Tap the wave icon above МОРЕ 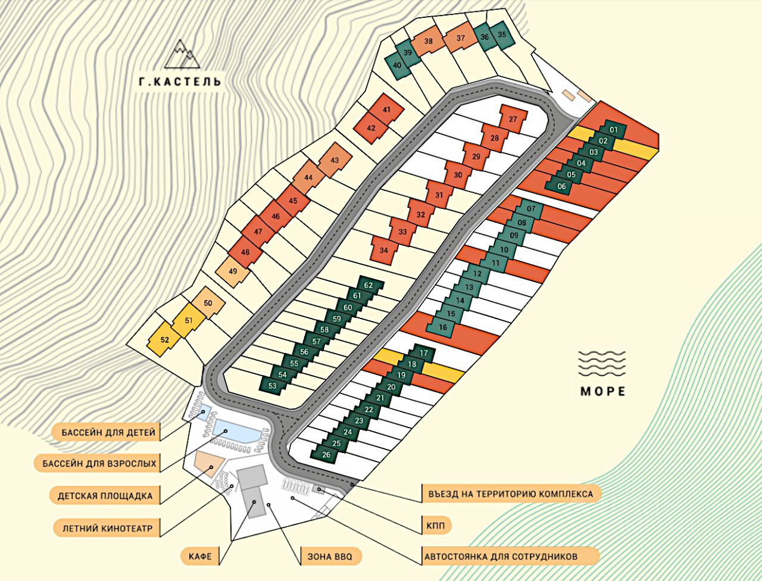[x=602, y=363]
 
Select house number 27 [x=513, y=119]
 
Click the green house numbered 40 [x=397, y=65]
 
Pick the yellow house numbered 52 [x=165, y=340]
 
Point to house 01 [x=614, y=129]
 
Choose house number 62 [x=368, y=285]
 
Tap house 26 [x=326, y=455]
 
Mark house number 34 [x=383, y=250]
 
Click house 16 [x=442, y=327]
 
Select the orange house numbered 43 [x=334, y=160]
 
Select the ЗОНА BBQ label [x=330, y=557]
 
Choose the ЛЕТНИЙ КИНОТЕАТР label [x=105, y=528]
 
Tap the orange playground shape [x=207, y=460]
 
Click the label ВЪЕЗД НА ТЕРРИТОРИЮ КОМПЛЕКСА [x=510, y=494]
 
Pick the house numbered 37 [x=460, y=38]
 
